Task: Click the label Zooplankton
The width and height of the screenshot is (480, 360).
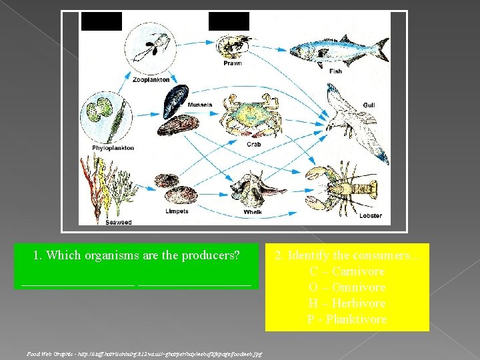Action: [x=151, y=79]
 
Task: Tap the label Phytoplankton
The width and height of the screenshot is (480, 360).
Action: [x=113, y=148]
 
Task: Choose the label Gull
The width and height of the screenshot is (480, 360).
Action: [x=369, y=105]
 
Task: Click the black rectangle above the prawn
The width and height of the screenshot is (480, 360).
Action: [x=229, y=21]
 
